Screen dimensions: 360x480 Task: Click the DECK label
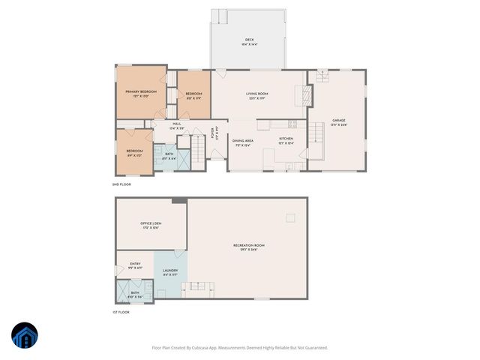coord(249,40)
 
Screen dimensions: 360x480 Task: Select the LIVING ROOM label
coord(257,94)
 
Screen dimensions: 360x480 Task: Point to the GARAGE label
coord(339,120)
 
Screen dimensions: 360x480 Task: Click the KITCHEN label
coord(286,139)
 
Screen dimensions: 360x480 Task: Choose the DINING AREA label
coord(242,141)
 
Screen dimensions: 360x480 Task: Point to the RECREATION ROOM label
coord(249,245)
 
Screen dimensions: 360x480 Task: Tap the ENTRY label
coord(135,264)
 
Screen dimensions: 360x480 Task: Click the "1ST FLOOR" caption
coord(121,311)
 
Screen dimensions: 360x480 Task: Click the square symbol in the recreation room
coord(290,217)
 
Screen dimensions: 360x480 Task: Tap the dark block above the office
coord(179,200)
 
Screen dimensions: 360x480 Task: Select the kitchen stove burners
coord(292,123)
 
